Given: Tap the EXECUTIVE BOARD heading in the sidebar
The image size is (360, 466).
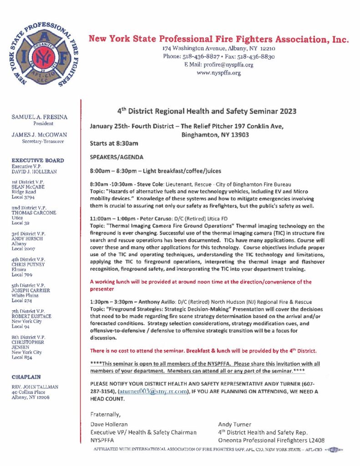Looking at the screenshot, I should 38,160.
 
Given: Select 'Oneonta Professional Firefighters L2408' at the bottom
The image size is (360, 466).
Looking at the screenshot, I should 271,440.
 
